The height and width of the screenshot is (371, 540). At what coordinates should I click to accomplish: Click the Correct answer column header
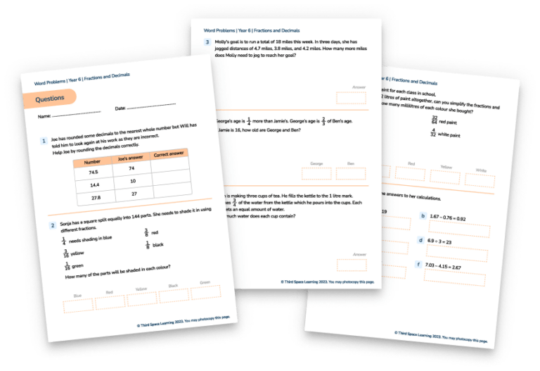click(x=169, y=154)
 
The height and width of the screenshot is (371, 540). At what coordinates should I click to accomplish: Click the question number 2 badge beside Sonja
click(x=53, y=225)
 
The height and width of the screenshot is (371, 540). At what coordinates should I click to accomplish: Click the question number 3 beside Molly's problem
click(x=207, y=42)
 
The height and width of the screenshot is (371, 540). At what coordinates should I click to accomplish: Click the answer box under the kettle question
click(x=352, y=265)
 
